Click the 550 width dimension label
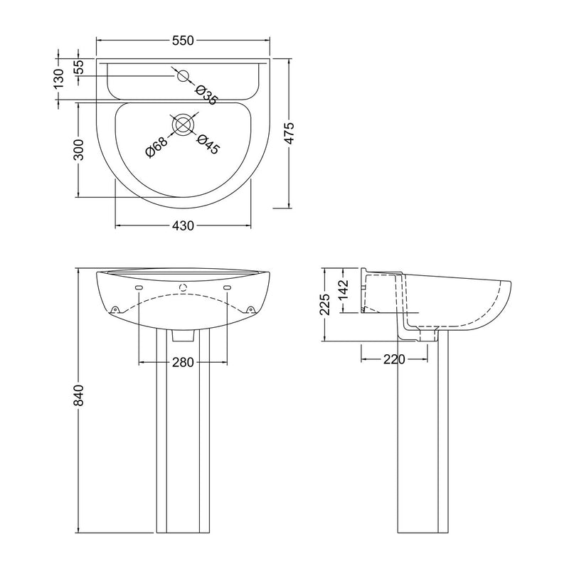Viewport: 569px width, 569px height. click(183, 41)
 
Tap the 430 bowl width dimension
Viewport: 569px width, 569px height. click(183, 226)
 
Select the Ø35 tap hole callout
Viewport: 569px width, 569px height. click(206, 95)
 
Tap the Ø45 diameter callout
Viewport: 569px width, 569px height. click(208, 144)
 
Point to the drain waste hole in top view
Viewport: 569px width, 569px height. click(183, 124)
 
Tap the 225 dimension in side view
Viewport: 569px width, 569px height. click(324, 305)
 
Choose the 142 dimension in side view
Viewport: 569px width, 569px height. click(344, 291)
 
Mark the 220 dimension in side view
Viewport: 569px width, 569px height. click(393, 360)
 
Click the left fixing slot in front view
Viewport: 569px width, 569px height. click(139, 287)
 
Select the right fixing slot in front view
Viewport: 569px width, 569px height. click(228, 287)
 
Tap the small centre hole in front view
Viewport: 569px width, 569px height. click(183, 288)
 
